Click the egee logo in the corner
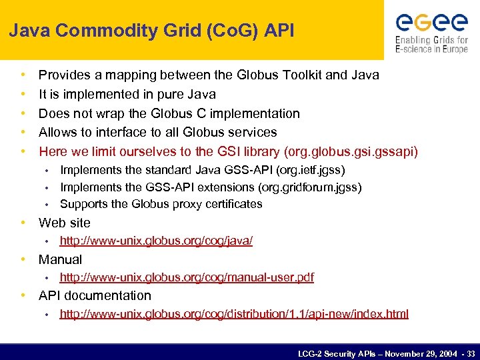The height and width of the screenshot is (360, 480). coord(431,22)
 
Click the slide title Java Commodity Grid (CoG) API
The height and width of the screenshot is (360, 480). coord(151,30)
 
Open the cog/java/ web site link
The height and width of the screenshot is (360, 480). coord(156,241)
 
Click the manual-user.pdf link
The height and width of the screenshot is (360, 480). coord(187,277)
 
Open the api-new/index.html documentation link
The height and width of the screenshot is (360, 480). coord(234,314)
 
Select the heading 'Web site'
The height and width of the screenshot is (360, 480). coord(64,223)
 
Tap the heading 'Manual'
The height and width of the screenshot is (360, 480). coord(60,259)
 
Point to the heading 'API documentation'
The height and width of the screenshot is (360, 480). coord(95,295)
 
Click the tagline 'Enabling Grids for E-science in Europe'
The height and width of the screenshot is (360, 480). coord(431,45)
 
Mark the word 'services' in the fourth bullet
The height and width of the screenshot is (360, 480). coord(253,133)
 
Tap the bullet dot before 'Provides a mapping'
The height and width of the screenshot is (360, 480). coord(23,75)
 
